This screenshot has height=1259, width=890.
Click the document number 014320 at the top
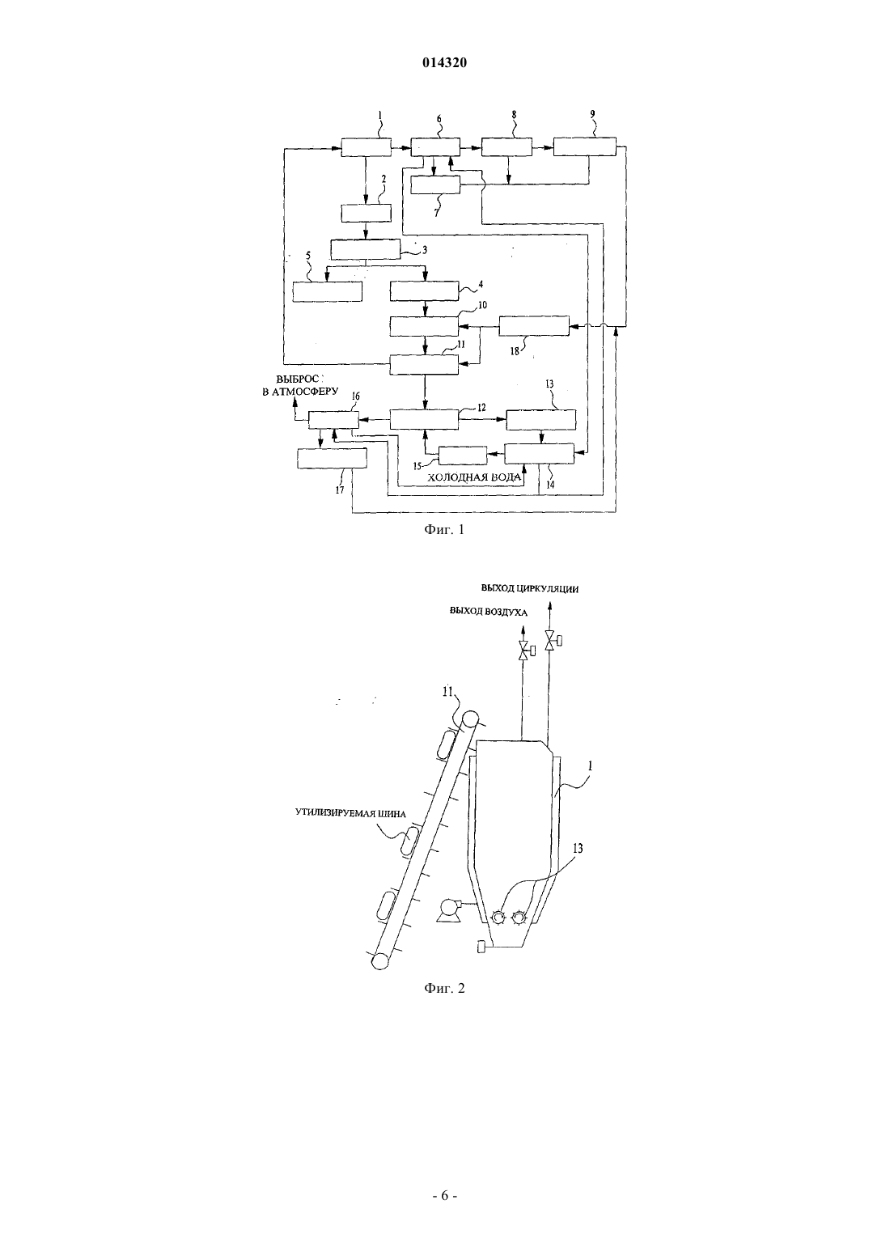[444, 63]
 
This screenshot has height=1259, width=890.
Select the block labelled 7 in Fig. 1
[435, 185]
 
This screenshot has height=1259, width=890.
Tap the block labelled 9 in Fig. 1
[585, 146]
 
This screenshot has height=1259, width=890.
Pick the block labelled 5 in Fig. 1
[328, 291]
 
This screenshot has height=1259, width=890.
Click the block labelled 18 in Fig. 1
[534, 326]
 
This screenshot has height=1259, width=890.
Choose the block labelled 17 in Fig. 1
[332, 458]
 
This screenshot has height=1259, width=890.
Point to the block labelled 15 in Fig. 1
[463, 456]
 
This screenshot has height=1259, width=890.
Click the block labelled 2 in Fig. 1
[367, 214]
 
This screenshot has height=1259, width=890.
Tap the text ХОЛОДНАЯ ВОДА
[474, 477]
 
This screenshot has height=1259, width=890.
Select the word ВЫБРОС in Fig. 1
[298, 379]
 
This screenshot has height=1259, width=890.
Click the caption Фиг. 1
[444, 529]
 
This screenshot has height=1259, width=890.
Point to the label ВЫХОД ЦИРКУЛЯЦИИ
[530, 589]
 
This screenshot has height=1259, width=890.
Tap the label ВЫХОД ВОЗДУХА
[488, 612]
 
